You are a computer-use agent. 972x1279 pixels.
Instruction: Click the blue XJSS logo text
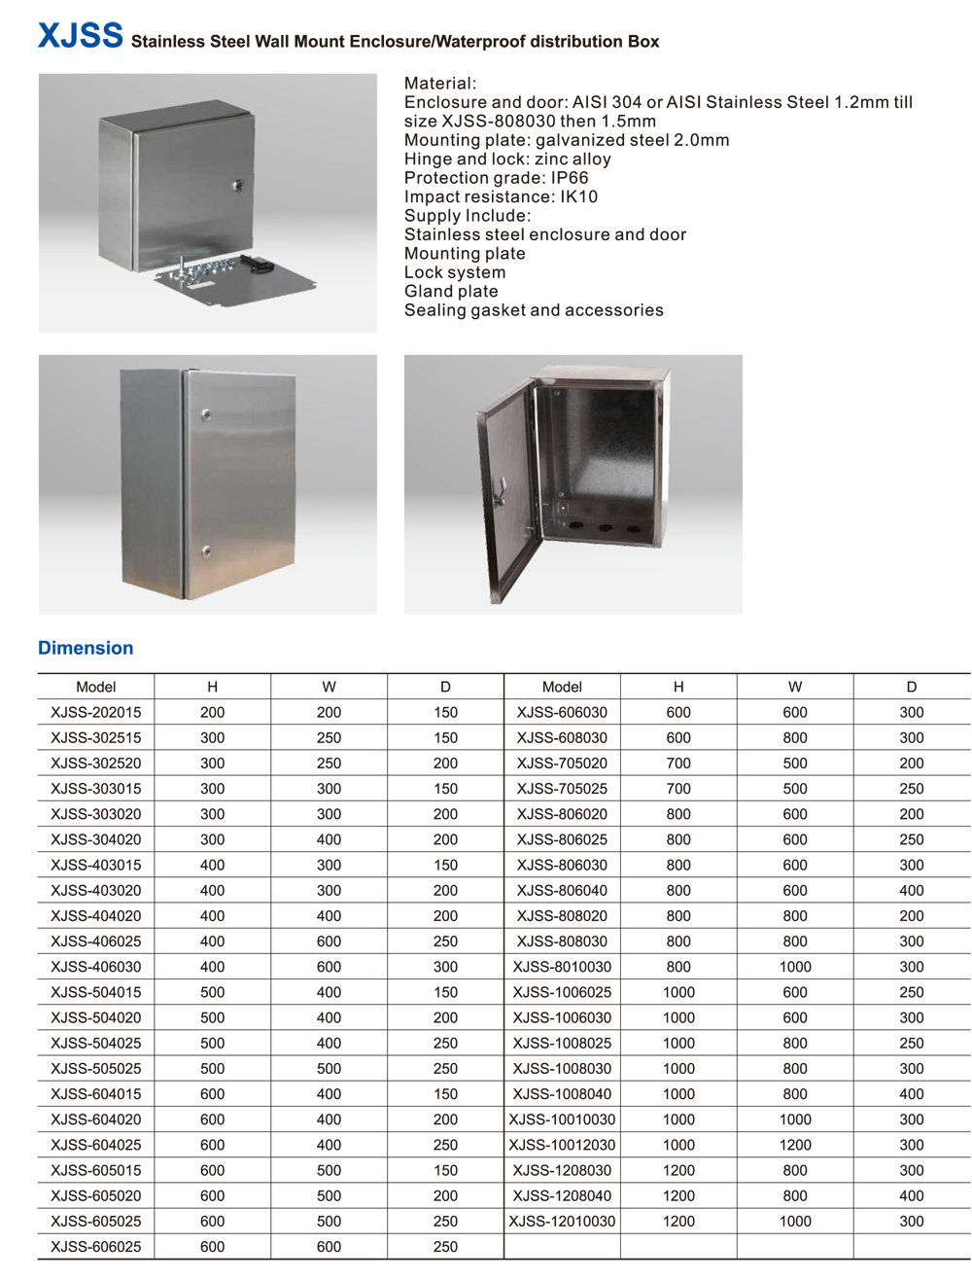[x=80, y=36]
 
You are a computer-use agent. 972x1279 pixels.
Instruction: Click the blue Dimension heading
[x=86, y=648]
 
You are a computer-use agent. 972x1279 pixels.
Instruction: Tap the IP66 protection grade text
[x=569, y=178]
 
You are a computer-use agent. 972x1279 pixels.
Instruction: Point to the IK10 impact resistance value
[x=578, y=196]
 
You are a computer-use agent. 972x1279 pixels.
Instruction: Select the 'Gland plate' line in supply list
[x=451, y=291]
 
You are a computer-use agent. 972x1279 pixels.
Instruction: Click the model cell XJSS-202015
[x=95, y=712]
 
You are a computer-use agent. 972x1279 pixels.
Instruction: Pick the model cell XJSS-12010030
[x=562, y=1221]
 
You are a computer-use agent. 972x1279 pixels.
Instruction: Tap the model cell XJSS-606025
[x=95, y=1246]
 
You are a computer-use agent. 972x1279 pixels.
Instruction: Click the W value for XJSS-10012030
[x=795, y=1145]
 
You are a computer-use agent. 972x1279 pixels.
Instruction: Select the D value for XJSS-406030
[x=445, y=967]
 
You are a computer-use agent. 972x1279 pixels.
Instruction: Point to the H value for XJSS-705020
[x=678, y=764]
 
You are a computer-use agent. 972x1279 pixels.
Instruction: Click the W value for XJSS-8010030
[x=795, y=967]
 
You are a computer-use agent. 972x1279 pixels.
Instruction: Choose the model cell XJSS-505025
[x=95, y=1068]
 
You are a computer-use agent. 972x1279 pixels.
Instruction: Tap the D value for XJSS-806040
[x=912, y=890]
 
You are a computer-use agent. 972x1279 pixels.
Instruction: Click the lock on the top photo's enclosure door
[x=238, y=184]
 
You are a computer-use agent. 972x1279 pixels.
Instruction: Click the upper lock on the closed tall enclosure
[x=206, y=416]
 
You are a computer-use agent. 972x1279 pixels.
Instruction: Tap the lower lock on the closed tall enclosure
[x=206, y=551]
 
